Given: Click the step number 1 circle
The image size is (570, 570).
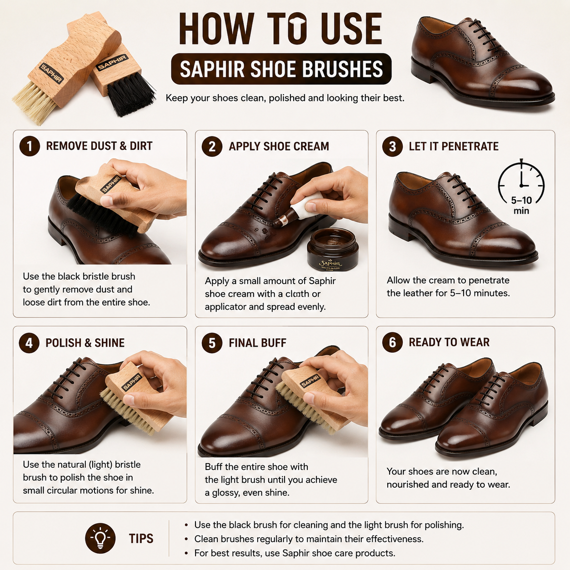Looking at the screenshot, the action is (30, 146).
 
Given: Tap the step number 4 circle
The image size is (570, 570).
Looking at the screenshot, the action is (29, 343).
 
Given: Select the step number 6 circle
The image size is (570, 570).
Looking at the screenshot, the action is (392, 342).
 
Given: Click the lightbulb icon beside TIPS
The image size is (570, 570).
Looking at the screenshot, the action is (100, 538).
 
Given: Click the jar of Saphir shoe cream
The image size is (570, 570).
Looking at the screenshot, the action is (333, 250).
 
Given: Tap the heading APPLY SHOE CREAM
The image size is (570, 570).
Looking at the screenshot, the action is (279, 146).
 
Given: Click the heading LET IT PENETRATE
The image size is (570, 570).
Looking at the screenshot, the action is (454, 146).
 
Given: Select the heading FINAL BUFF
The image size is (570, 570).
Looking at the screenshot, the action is (257, 343).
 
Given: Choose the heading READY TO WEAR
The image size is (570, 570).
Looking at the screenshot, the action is (449, 342).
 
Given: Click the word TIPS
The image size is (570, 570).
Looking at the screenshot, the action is (141, 539).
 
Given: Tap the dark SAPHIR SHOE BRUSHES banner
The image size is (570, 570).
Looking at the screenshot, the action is (281, 69).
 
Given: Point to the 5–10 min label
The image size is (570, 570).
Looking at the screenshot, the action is (521, 205).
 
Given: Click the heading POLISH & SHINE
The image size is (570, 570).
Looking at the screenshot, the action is (85, 343).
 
